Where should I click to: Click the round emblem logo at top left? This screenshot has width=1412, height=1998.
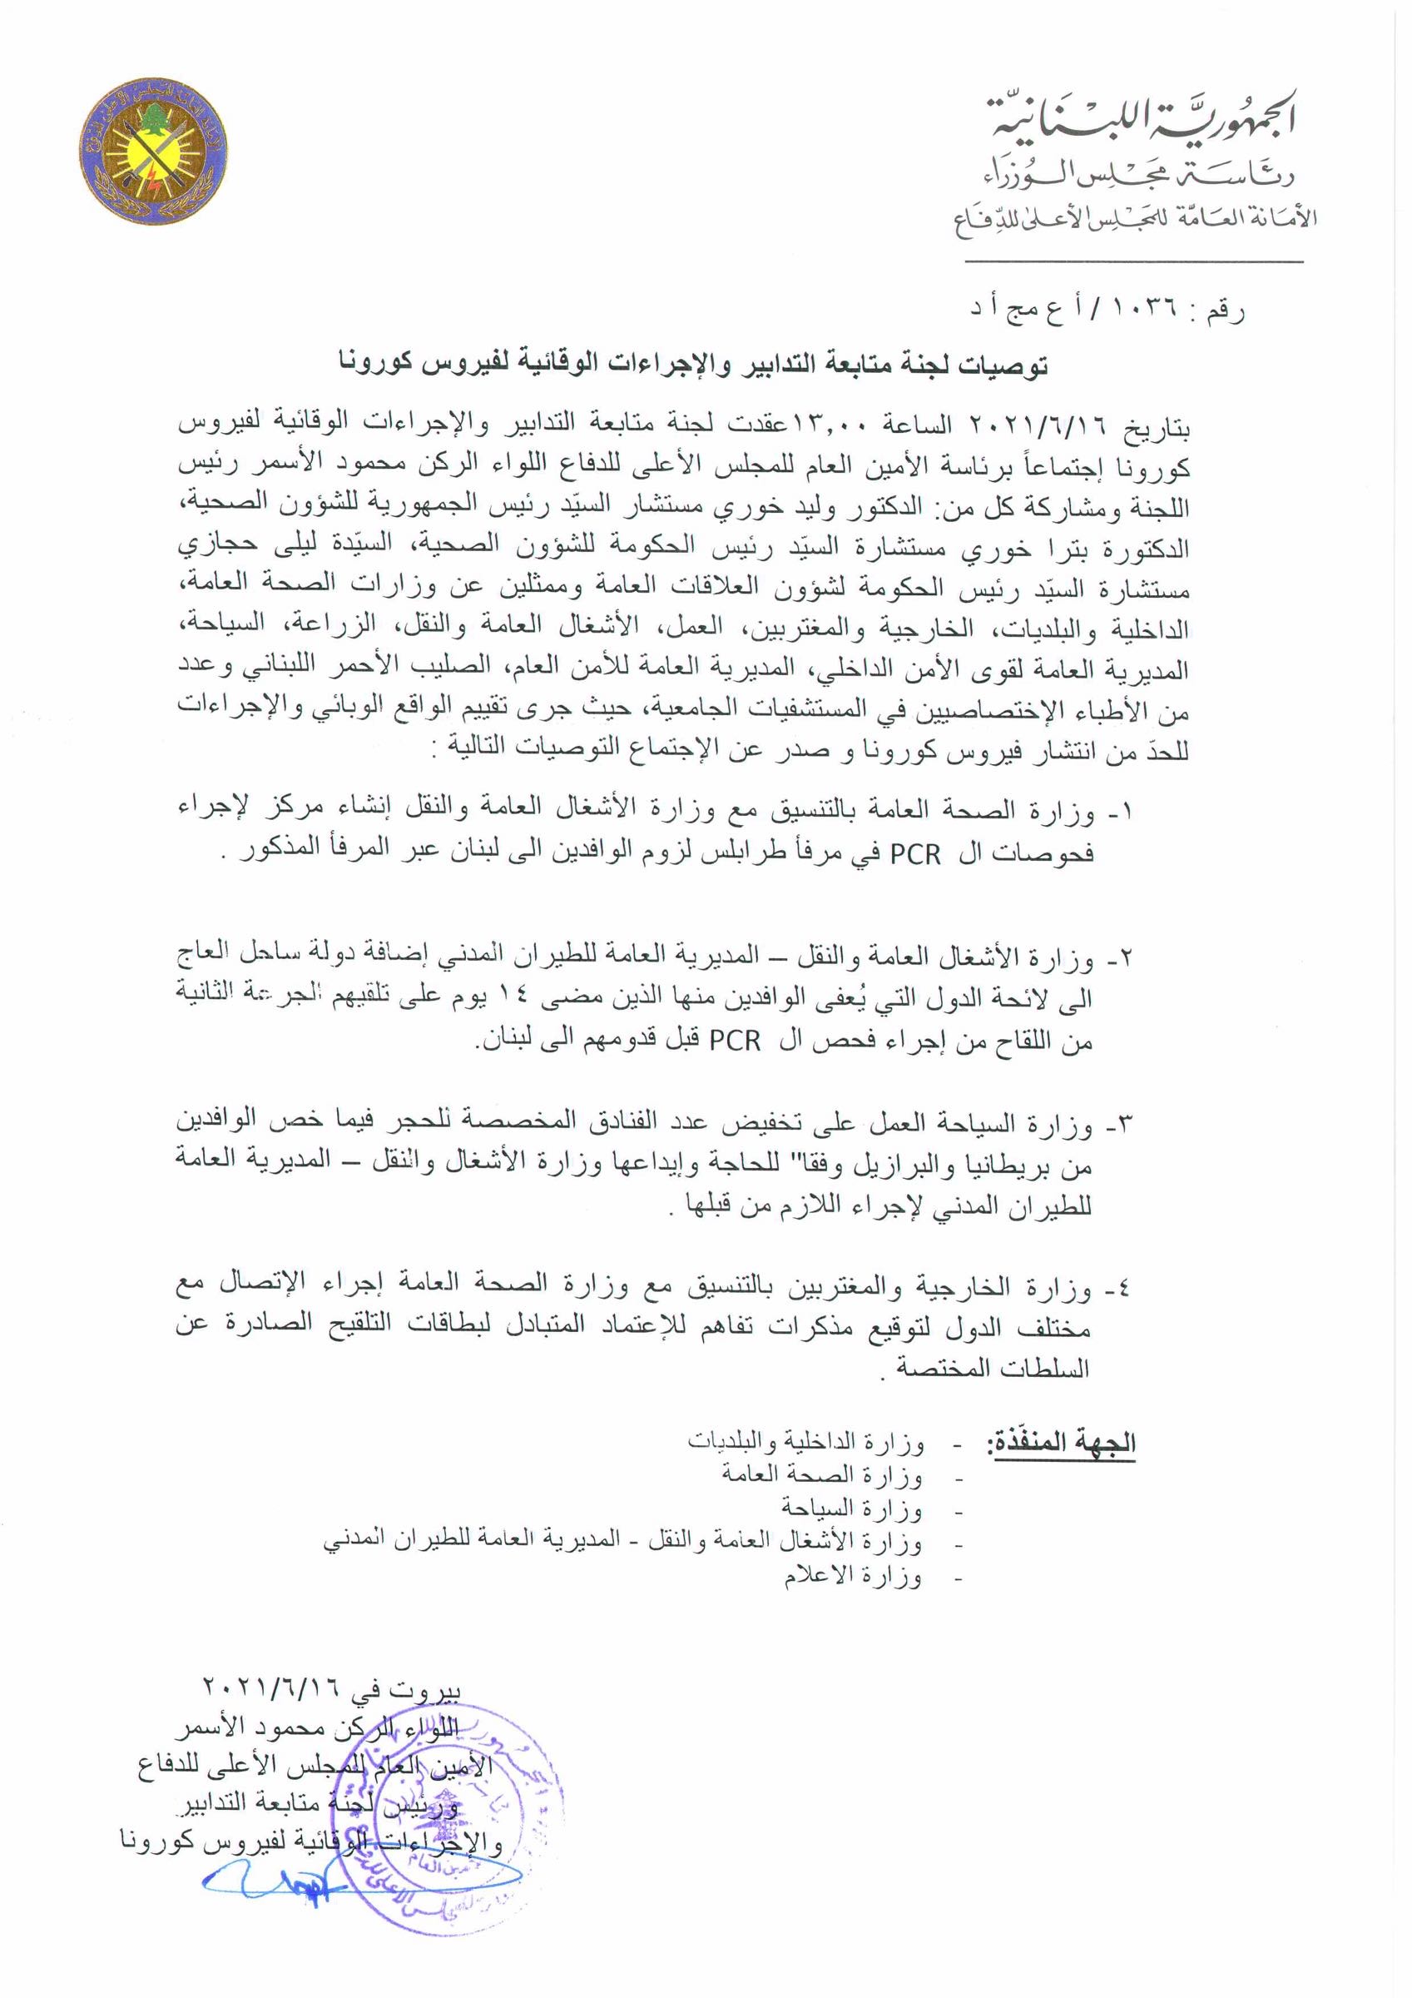click(x=154, y=154)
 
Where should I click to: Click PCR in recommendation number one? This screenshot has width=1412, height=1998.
click(x=915, y=854)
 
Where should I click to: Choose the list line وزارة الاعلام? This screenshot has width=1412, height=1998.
click(x=852, y=1576)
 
